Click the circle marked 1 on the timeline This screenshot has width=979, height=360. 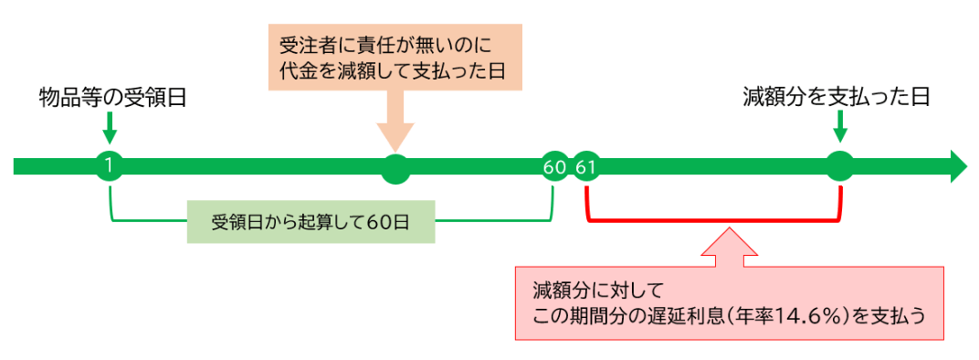(110, 166)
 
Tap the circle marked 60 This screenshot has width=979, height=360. (553, 166)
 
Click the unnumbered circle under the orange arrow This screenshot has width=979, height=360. (395, 166)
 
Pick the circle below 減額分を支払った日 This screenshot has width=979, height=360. (839, 166)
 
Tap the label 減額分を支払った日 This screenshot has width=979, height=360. (837, 97)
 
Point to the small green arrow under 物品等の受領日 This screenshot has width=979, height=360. (110, 126)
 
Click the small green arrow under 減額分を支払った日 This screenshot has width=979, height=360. (839, 126)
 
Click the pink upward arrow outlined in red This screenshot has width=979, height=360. (729, 247)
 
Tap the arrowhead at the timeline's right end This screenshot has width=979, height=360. (957, 166)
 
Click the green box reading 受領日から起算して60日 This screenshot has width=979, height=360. (311, 221)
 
